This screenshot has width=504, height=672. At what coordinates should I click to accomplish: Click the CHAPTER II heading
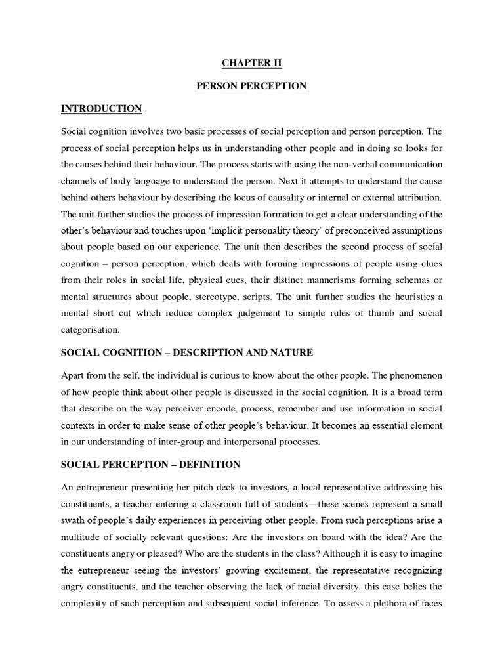click(252, 64)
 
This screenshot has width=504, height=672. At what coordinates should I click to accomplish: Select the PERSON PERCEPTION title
click(252, 86)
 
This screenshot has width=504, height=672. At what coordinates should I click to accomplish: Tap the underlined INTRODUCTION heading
click(101, 108)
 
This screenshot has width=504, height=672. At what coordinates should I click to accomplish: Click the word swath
click(73, 520)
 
